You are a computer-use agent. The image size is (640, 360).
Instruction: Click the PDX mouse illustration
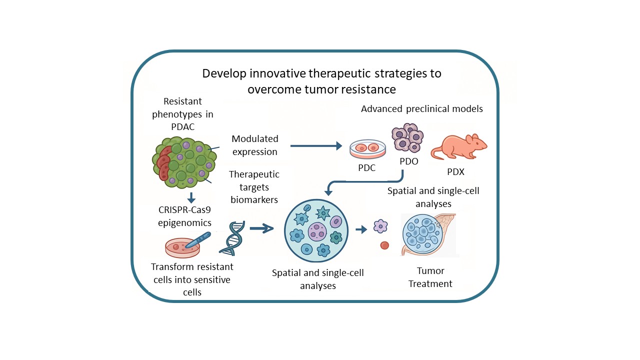(x=459, y=146)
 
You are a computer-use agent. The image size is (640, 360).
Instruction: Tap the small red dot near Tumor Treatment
(x=384, y=245)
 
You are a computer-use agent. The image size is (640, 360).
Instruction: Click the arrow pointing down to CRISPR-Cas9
(x=190, y=197)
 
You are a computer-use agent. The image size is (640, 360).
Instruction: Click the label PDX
(x=455, y=172)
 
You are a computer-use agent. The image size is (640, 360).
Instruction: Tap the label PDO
(x=409, y=161)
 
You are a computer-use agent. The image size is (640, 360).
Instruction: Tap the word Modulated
(x=255, y=138)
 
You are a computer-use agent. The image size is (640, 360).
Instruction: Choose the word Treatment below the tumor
(x=430, y=284)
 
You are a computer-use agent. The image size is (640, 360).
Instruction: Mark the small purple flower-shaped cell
(x=380, y=226)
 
